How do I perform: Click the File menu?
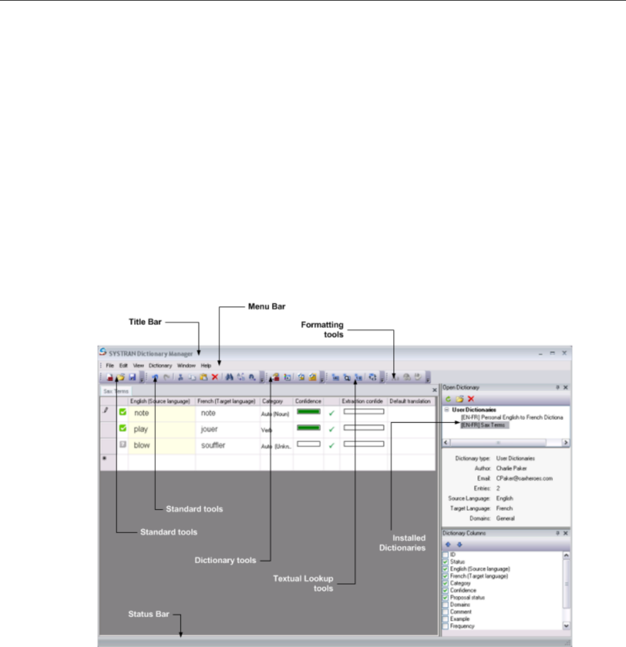[x=110, y=365]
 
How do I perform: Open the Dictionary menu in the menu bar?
[x=160, y=365]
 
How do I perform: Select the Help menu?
[x=206, y=365]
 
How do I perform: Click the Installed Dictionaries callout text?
[x=410, y=543]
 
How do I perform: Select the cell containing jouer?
[x=210, y=429]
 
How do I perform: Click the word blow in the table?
[x=142, y=446]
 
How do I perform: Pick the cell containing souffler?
[x=213, y=446]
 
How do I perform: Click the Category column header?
[x=272, y=401]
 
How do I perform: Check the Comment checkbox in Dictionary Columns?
[x=445, y=612]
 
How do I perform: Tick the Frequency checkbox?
[x=445, y=626]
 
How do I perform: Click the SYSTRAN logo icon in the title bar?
[x=103, y=352]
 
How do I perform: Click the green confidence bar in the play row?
[x=308, y=428]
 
